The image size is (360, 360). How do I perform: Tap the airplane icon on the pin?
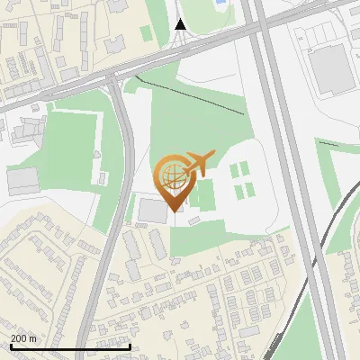click(x=196, y=164)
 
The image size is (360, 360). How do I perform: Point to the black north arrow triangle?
click(x=180, y=24)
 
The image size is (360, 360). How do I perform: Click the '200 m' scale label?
click(x=23, y=338)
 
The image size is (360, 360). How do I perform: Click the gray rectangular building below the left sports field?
click(x=22, y=180)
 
